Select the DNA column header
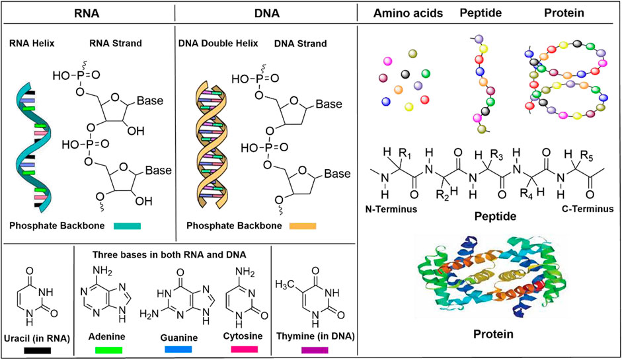pyautogui.click(x=265, y=13)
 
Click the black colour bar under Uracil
pyautogui.click(x=38, y=351)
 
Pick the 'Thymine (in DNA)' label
pyautogui.click(x=314, y=336)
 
